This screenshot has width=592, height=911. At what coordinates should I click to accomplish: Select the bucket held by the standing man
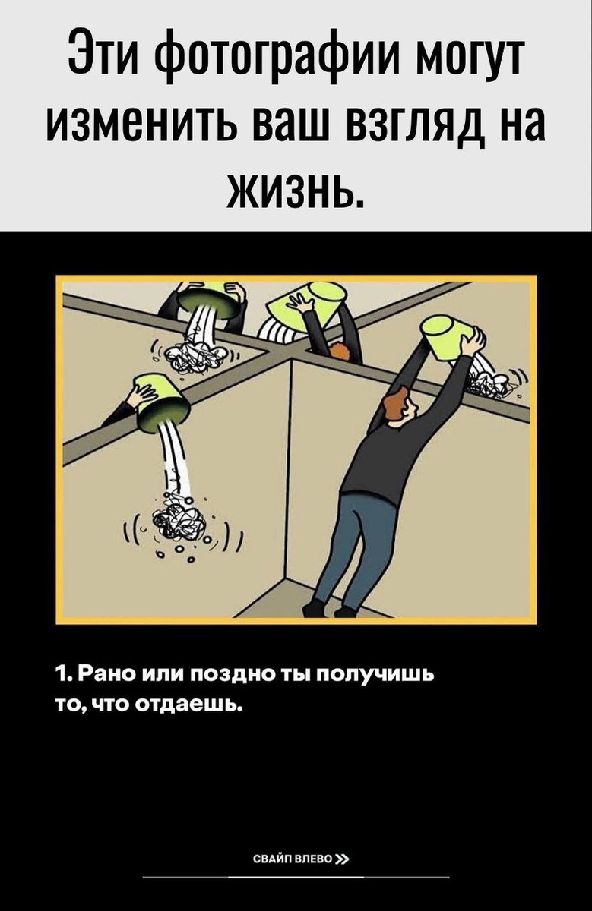click(447, 337)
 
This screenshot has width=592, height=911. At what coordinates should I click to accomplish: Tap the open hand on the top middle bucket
click(302, 304)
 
